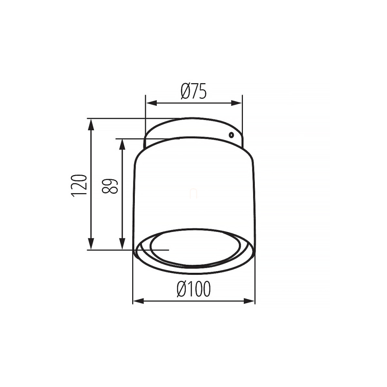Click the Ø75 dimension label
tap(193, 91)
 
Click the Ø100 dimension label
tap(194, 289)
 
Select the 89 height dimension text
tap(110, 186)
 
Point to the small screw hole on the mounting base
tap(231, 135)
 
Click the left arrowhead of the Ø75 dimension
tap(151, 103)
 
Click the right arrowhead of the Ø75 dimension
tap(236, 103)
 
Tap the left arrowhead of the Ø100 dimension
tap(138, 301)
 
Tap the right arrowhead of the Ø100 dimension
tap(249, 301)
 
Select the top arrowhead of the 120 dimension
tap(91, 124)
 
